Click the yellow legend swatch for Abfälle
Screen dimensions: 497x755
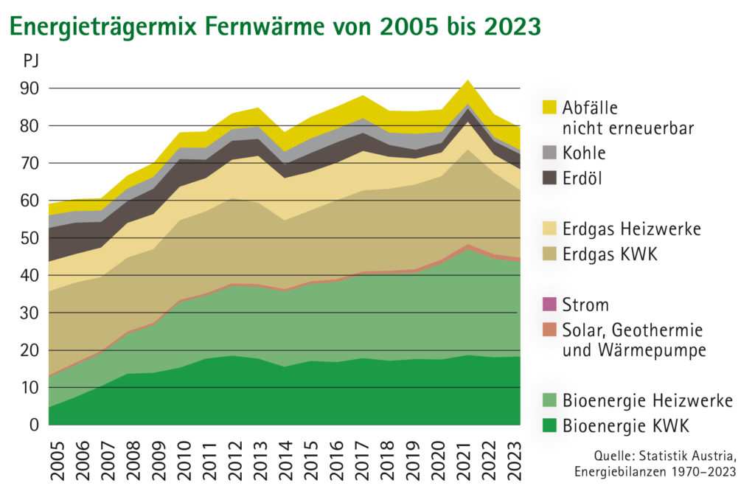coord(549,108)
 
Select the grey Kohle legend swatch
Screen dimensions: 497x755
coord(549,153)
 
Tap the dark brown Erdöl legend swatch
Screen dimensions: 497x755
coord(549,178)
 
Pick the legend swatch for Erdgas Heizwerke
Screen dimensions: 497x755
coord(549,229)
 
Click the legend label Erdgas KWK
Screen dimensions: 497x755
coord(610,254)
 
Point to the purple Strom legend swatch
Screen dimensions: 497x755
coord(549,305)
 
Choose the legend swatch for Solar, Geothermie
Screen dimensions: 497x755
coord(549,330)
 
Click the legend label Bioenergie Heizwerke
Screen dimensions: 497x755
coord(647,400)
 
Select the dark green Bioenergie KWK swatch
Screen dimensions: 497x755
coord(549,425)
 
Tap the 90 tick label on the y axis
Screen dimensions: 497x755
coord(29,88)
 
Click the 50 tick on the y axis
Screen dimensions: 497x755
coord(29,238)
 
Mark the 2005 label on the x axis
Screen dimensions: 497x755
coord(57,462)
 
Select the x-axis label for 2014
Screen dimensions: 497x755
coord(284,462)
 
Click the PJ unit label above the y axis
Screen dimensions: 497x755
coord(32,61)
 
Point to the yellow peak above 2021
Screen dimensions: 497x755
coord(467,85)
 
